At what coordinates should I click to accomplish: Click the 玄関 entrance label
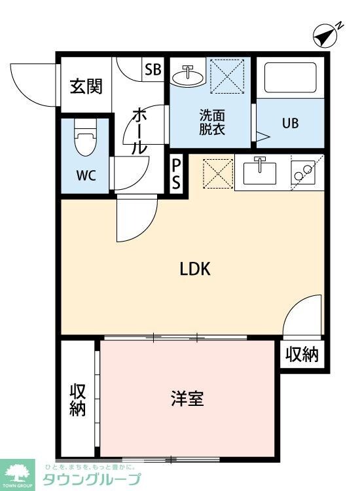tap(86, 86)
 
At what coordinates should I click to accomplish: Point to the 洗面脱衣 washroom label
tap(211, 122)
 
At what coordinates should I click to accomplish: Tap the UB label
tap(290, 123)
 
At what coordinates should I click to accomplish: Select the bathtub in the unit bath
tap(289, 81)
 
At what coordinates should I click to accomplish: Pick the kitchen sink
tap(260, 172)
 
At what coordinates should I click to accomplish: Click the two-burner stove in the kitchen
tap(303, 173)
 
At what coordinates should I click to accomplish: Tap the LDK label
tap(194, 269)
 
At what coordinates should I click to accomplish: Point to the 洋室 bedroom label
tap(187, 397)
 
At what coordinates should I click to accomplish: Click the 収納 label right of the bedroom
tap(302, 355)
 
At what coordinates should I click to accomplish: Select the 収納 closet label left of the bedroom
tap(78, 399)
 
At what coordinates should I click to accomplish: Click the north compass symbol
tap(324, 35)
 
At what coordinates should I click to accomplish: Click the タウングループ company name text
tap(92, 480)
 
